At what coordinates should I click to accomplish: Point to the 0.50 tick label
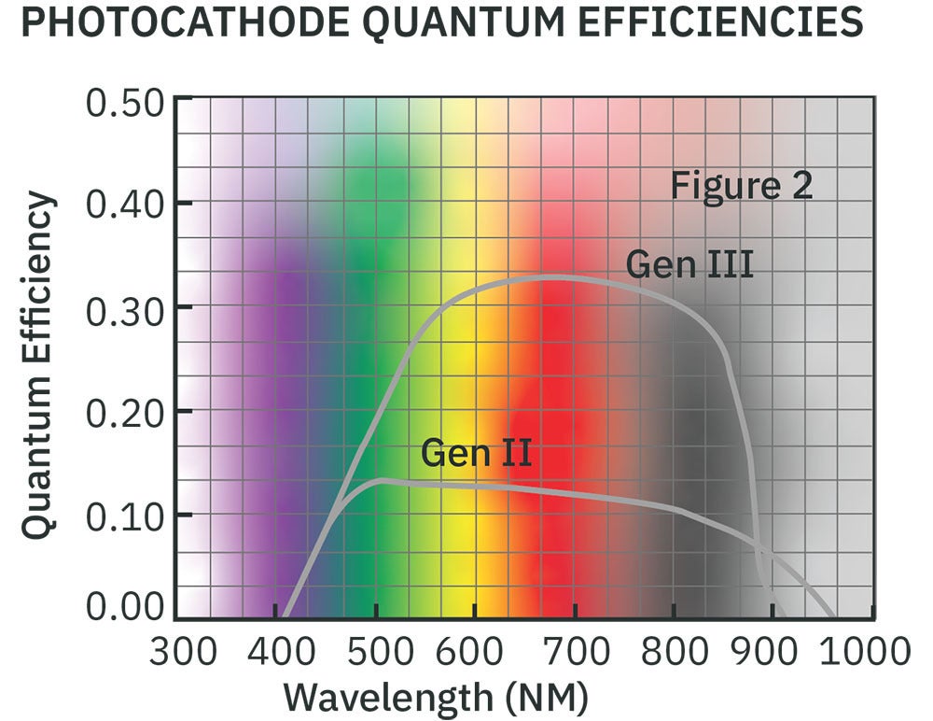(125, 101)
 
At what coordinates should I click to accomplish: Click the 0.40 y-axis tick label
(125, 204)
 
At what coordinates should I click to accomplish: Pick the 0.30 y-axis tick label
(125, 308)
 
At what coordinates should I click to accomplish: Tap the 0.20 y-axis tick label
(125, 412)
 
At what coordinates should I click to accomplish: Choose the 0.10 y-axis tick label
(125, 516)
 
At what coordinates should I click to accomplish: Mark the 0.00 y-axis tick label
(125, 609)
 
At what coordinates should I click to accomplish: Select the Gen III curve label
(689, 264)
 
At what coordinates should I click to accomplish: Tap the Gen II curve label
(476, 453)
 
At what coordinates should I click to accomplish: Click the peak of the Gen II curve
(381, 480)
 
